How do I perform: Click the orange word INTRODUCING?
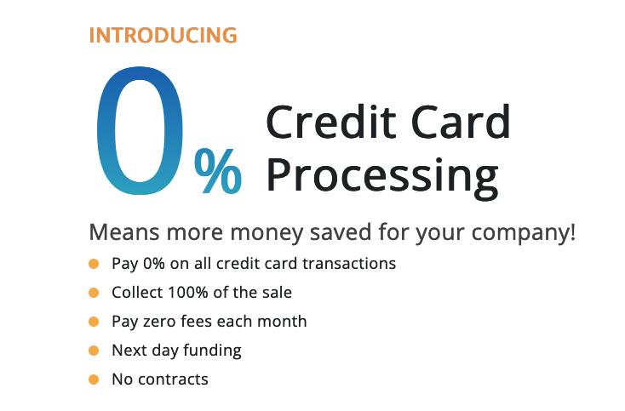pos(163,35)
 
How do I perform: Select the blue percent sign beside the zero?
pos(218,171)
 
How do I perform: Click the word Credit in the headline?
pos(331,121)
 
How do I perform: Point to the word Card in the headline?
pos(461,121)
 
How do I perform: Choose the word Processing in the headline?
pos(382,178)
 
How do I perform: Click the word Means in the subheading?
pos(124,232)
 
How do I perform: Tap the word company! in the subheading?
pos(524,233)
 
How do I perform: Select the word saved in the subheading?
pos(341,232)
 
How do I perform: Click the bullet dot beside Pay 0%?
pos(94,264)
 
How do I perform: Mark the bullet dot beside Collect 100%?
pos(94,293)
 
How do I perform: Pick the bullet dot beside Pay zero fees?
pos(94,322)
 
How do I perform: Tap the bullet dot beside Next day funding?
pos(94,351)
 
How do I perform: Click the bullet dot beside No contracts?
pos(94,380)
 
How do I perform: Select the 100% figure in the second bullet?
pos(187,293)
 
